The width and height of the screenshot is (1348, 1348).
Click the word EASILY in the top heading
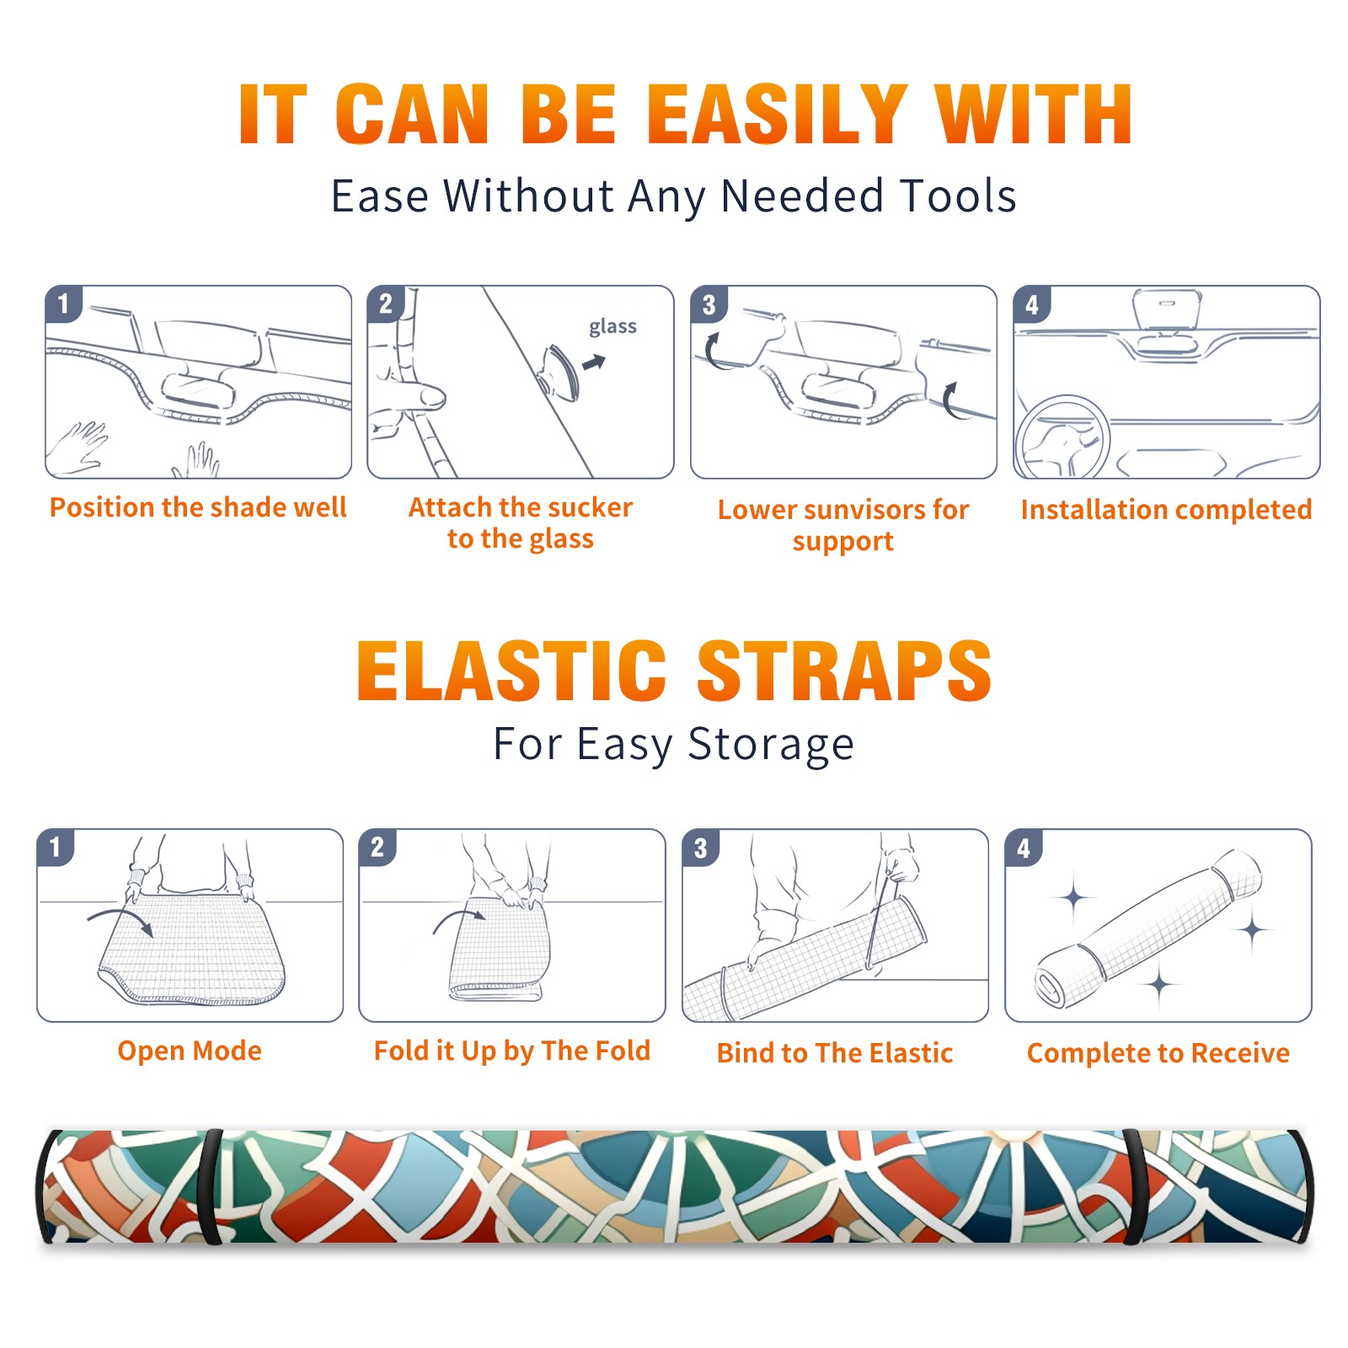point(778,115)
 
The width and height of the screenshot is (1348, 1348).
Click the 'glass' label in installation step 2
point(612,327)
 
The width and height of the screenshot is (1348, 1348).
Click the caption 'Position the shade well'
point(198,507)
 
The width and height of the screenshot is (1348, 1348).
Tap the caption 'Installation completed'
point(1166,510)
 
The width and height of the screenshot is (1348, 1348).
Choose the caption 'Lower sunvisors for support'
point(843,525)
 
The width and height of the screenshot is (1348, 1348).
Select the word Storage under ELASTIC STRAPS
point(771,745)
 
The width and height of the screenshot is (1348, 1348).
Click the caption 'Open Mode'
point(190,1051)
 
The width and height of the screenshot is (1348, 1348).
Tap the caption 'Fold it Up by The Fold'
point(512,1051)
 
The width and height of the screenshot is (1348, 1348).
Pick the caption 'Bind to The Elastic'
point(835,1053)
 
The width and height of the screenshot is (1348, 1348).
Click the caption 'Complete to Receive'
point(1158,1053)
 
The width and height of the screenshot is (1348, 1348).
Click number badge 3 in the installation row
point(709,305)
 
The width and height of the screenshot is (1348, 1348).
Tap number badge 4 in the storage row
point(1024,848)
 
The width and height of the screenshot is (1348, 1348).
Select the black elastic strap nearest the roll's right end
point(1135,1187)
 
